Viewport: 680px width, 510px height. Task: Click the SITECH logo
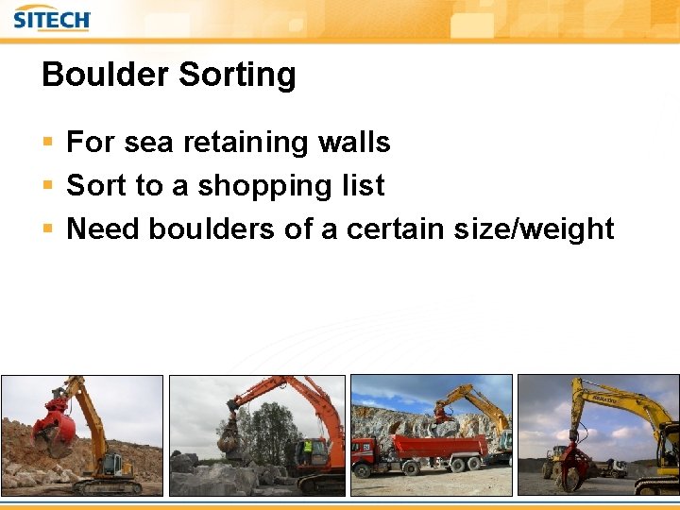(52, 18)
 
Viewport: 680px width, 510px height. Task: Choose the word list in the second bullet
(364, 185)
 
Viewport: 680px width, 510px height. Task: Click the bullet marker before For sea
(48, 144)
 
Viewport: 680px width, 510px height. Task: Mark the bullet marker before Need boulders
(48, 229)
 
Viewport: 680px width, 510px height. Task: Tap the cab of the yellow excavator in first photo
(111, 463)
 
